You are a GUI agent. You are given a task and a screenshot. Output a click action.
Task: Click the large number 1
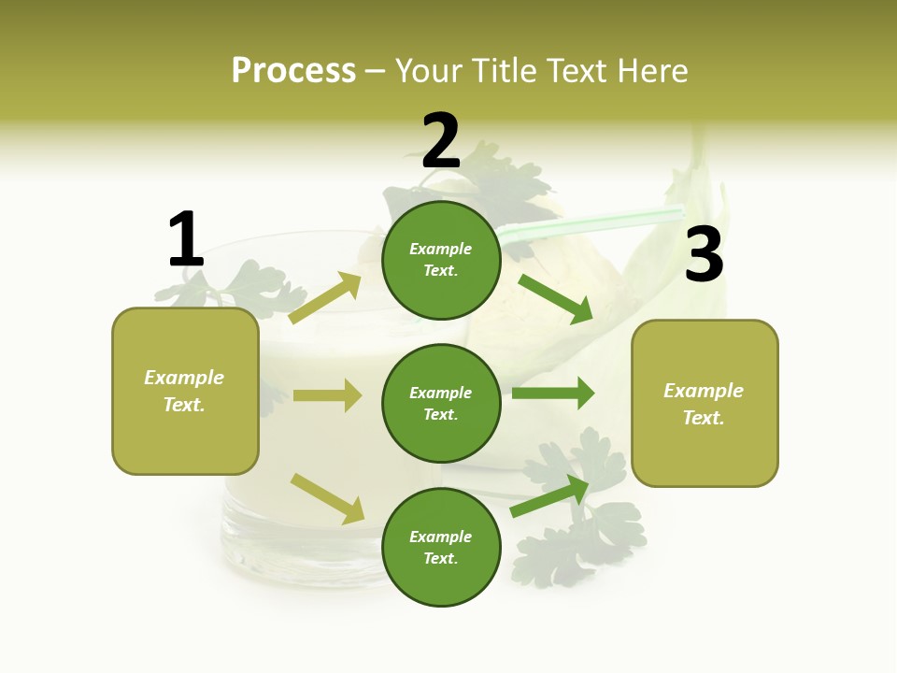[186, 239]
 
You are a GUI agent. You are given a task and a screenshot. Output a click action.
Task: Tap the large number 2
[441, 141]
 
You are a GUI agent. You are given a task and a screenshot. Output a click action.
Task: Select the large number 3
[704, 254]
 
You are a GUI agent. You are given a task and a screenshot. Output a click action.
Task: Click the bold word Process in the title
[293, 70]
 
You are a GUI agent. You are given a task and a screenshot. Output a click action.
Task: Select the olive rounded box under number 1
[185, 391]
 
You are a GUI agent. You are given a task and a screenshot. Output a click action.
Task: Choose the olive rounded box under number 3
[705, 403]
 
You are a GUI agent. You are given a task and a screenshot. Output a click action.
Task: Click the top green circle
[441, 260]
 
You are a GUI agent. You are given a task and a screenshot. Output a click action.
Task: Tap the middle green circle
[441, 403]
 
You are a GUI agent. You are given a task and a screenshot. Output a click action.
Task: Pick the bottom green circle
[441, 547]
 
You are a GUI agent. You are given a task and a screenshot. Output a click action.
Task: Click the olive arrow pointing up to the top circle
[325, 298]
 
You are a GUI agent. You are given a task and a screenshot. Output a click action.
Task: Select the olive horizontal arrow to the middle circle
[327, 395]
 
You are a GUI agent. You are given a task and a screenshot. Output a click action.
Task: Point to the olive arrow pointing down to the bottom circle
[327, 498]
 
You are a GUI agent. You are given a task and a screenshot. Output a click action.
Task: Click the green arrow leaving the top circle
[555, 298]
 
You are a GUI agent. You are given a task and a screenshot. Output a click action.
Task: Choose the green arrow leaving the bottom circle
[549, 496]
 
